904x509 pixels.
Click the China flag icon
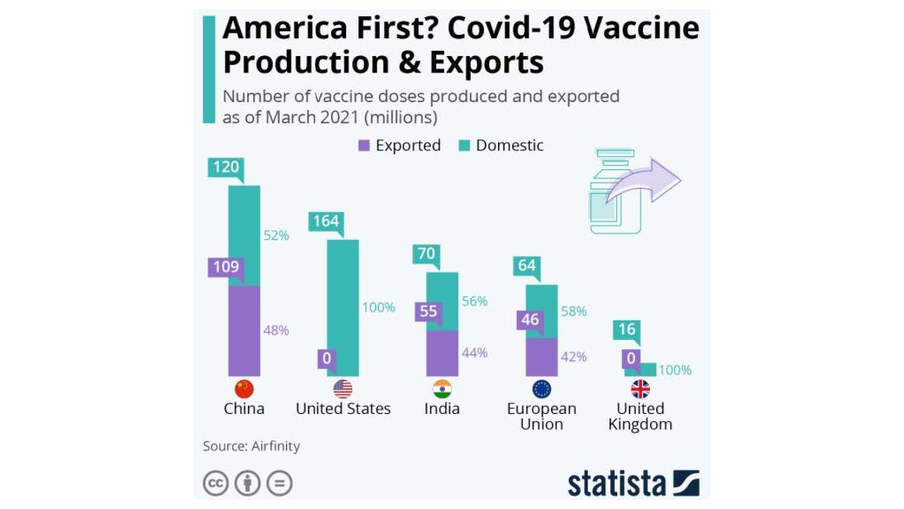244,389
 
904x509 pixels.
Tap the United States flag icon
343,389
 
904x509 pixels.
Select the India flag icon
442,389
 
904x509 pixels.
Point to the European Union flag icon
542,389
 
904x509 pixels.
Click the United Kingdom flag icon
641,389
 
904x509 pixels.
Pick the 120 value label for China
226,167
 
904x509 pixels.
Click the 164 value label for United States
326,221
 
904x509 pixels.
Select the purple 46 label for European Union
529,320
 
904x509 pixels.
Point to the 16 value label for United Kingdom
627,330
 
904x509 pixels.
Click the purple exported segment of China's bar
244,330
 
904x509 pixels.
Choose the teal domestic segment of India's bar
442,300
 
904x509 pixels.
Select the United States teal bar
343,308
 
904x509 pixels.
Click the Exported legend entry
400,146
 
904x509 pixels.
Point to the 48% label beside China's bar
276,330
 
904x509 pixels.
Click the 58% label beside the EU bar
574,311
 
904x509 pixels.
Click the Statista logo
633,483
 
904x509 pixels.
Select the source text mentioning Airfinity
252,447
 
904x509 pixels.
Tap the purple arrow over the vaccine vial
644,184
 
